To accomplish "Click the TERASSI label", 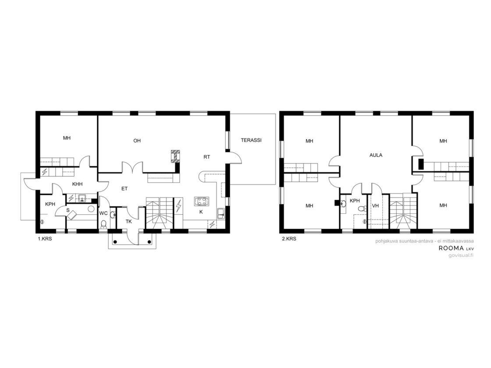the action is [251, 140].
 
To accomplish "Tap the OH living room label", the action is [137, 141].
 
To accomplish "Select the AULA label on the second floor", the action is [376, 155].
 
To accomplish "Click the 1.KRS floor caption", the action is [45, 239].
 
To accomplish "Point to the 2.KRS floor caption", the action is [289, 239].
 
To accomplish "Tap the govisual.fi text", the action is [461, 255].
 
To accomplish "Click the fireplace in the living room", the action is [176, 156].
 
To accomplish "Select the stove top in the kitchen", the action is [202, 201].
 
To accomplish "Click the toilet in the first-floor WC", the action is [103, 224].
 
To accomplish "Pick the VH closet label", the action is [375, 205].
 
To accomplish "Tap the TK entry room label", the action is [129, 222].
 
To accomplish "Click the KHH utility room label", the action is [77, 184].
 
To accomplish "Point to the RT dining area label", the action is [206, 157].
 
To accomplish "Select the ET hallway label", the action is [125, 189].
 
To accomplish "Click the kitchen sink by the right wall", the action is [221, 214].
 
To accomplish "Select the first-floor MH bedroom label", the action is [67, 138].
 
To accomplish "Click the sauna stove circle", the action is [91, 209].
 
